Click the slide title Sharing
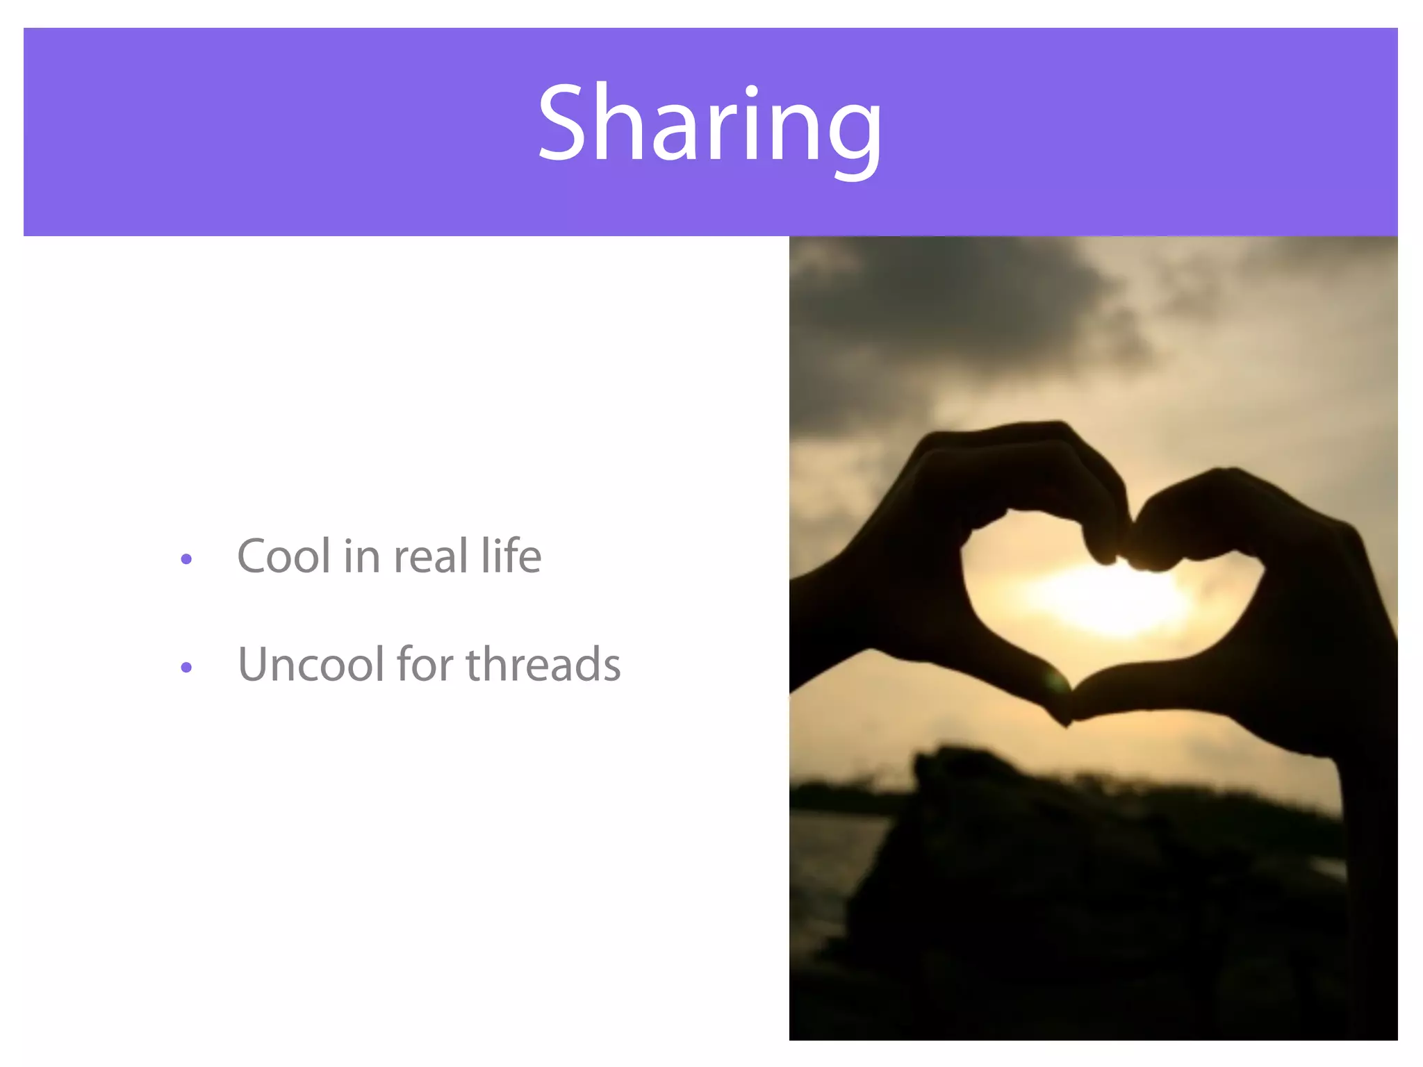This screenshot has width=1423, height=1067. click(x=710, y=125)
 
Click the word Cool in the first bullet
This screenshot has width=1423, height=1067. click(x=283, y=556)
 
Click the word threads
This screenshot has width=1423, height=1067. click(x=543, y=665)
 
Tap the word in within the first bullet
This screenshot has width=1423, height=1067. click(x=361, y=556)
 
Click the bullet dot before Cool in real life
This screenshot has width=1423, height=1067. click(x=186, y=559)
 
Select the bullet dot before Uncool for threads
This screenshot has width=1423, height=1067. click(x=186, y=668)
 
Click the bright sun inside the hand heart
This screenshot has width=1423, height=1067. click(x=1105, y=597)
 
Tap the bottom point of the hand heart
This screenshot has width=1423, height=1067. click(x=1067, y=722)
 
